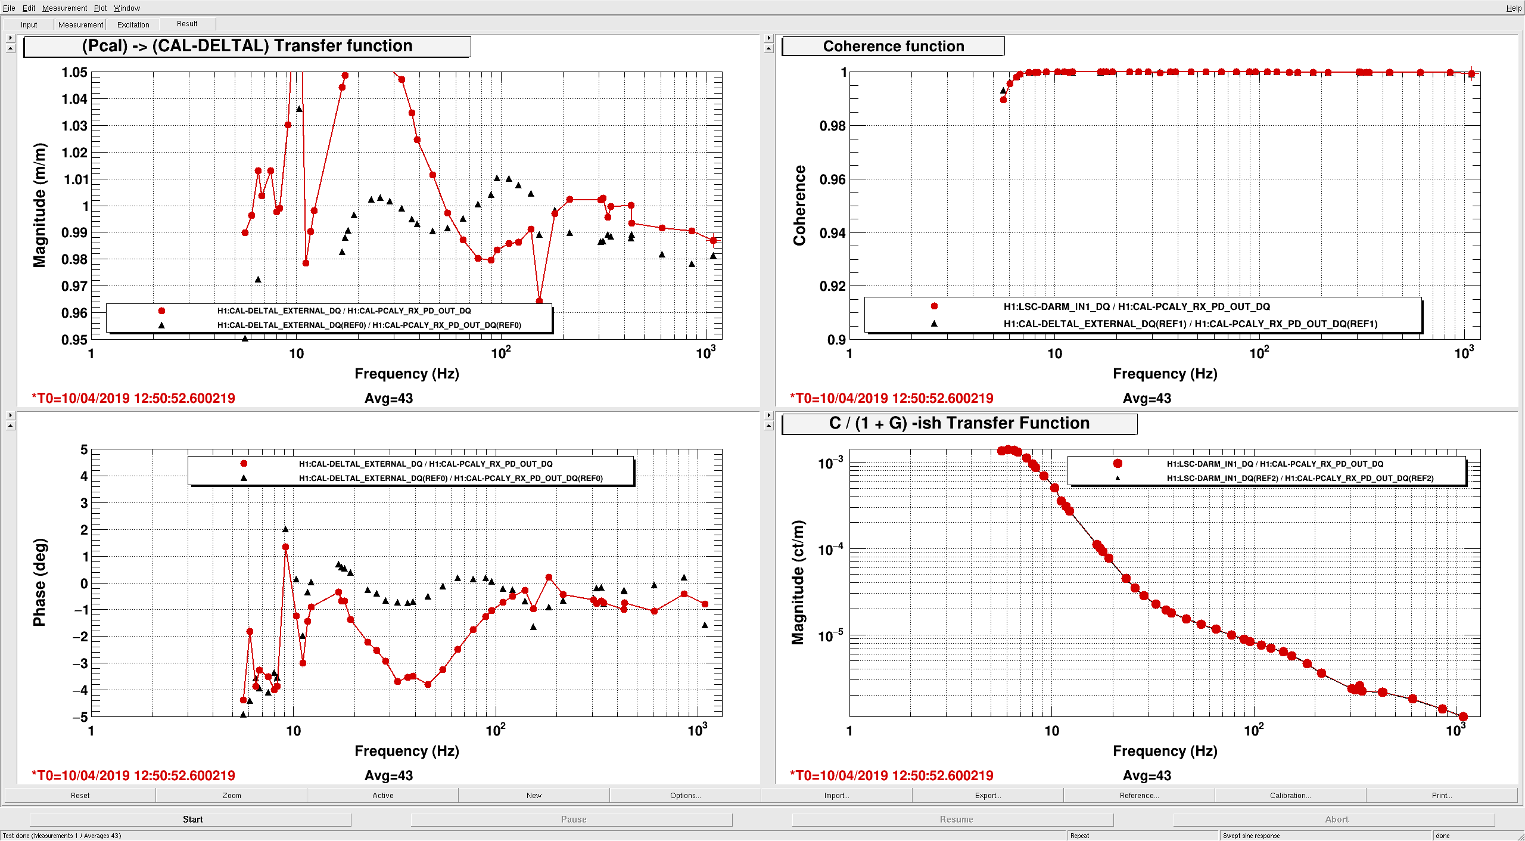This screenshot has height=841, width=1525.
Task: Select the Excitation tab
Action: [x=133, y=24]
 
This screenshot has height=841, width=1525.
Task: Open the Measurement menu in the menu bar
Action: [x=64, y=8]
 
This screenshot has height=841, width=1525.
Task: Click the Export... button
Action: [x=988, y=795]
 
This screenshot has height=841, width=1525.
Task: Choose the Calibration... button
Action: [x=1290, y=795]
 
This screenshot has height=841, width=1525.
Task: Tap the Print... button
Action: [x=1442, y=795]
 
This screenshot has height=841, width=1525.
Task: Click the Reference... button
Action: [x=1139, y=795]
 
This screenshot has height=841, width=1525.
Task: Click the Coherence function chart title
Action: [x=893, y=46]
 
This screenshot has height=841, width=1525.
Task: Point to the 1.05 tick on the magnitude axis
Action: [x=74, y=72]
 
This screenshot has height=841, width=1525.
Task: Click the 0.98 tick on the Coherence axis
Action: [x=832, y=126]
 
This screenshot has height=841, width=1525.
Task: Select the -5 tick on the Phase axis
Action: [x=80, y=716]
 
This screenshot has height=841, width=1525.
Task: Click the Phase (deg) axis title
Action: [x=39, y=582]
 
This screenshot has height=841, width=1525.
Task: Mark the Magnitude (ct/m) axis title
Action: [x=798, y=582]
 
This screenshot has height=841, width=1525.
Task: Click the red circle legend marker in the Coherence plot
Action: [x=934, y=306]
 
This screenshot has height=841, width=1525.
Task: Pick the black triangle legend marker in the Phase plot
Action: [x=244, y=478]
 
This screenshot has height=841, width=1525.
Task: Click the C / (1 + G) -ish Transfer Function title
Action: [x=959, y=423]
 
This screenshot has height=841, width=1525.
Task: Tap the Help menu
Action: [x=1513, y=8]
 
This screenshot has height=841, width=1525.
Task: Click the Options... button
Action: [x=685, y=795]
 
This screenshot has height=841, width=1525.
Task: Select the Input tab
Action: [x=29, y=24]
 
